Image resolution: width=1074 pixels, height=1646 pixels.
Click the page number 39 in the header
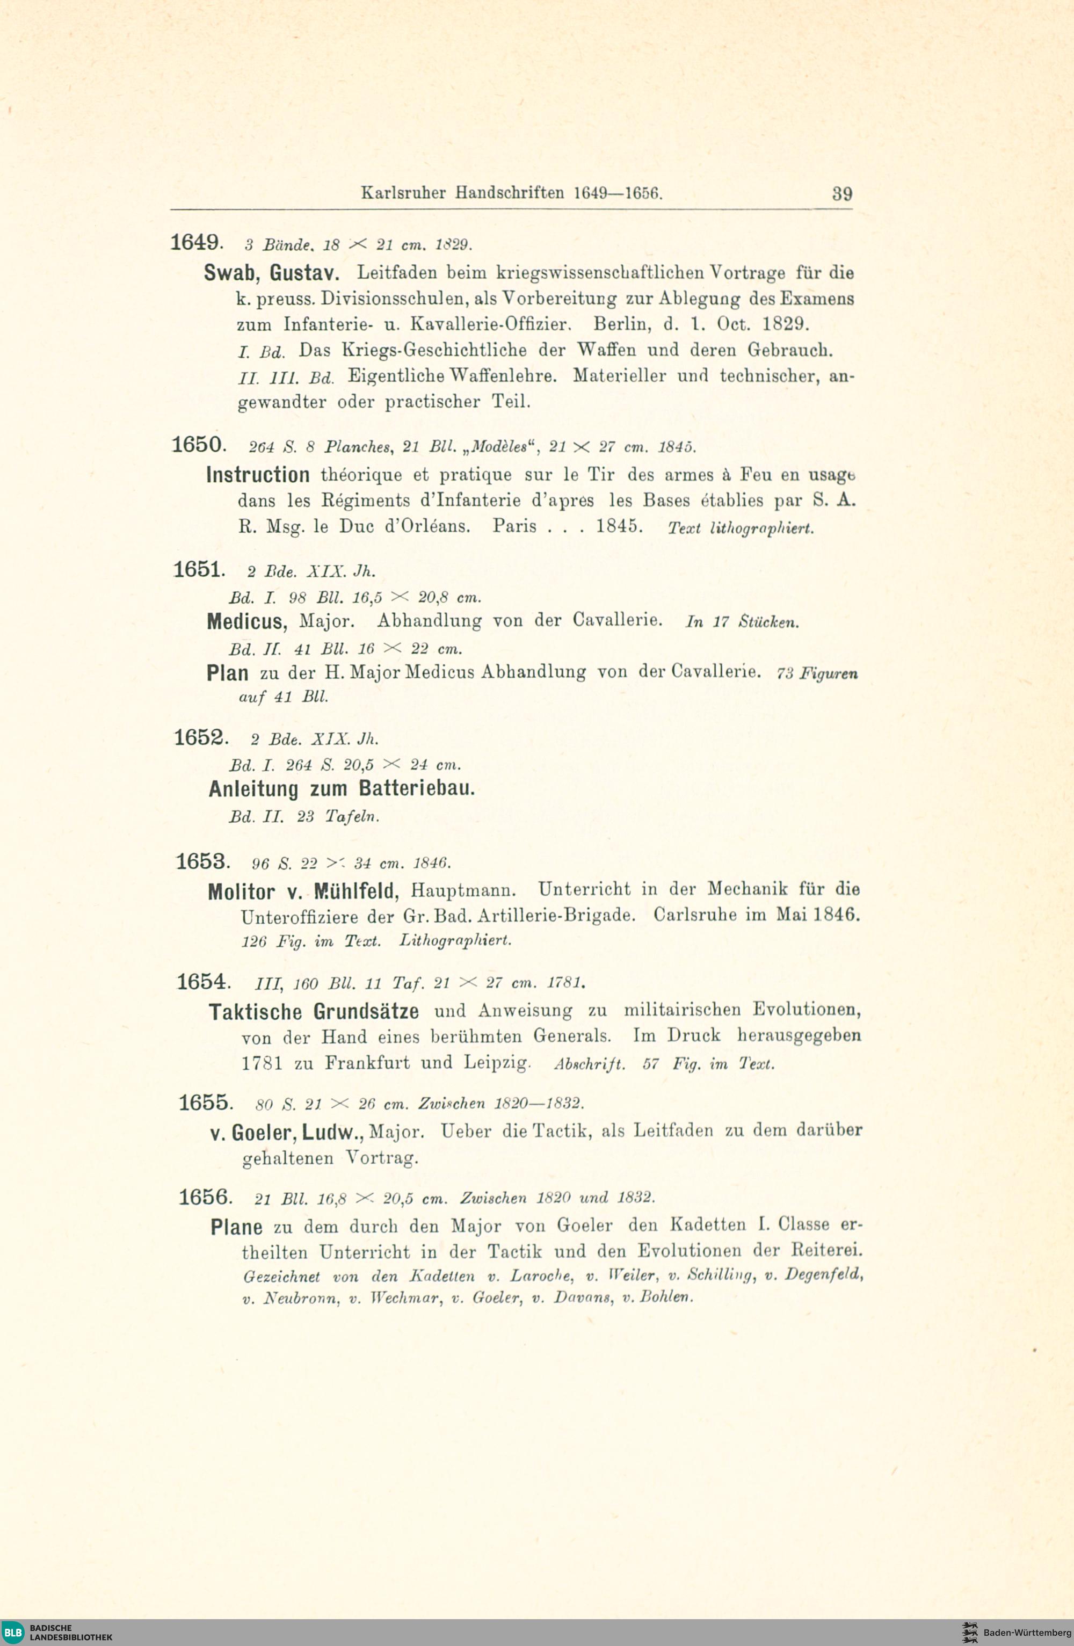(841, 194)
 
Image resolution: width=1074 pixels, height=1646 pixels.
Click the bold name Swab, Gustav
(271, 273)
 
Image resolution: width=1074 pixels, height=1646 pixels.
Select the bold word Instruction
(258, 475)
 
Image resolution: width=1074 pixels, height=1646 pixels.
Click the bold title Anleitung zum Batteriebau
(342, 789)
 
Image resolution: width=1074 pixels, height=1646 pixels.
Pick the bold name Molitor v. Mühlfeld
(303, 891)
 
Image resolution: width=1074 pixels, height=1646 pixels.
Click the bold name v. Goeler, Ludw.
(287, 1133)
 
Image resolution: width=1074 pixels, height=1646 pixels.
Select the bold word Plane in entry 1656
(236, 1228)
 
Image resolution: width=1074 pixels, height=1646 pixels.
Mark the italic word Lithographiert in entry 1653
(455, 940)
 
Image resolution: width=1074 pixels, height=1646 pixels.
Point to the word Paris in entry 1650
(514, 526)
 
